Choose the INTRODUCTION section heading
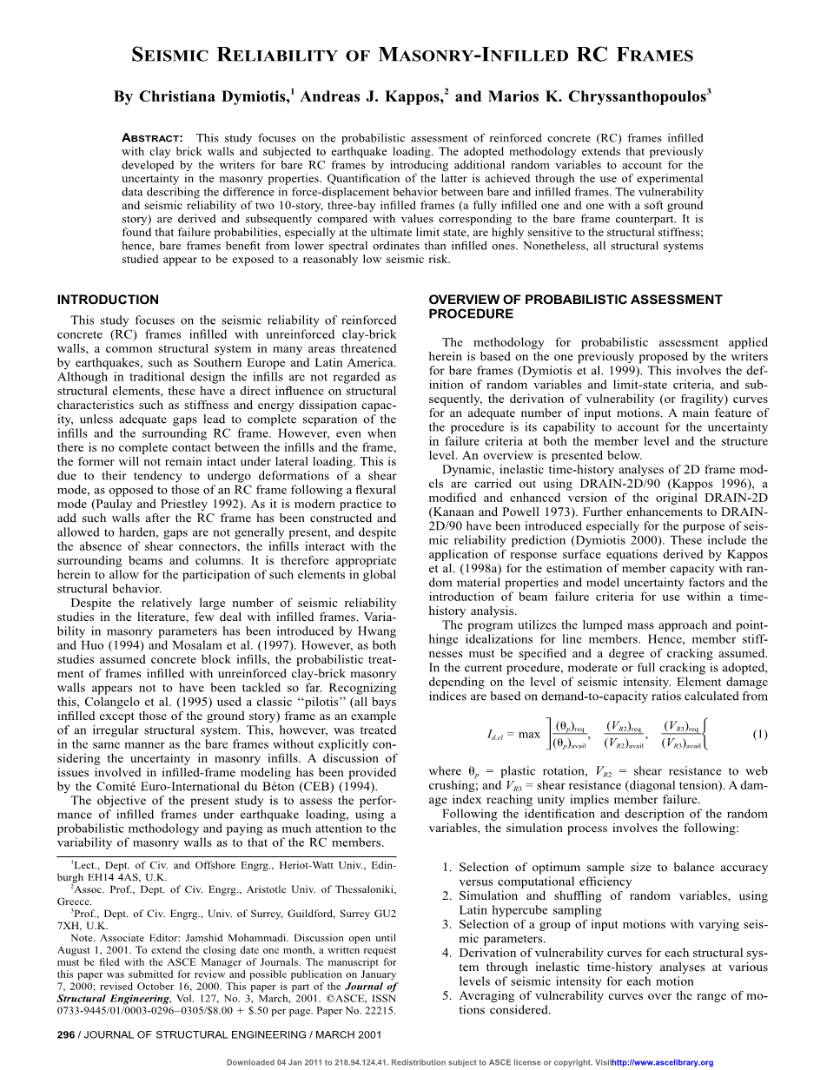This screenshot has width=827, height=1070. click(x=108, y=300)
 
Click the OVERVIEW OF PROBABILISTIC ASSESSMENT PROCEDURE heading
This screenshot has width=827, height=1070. click(x=575, y=307)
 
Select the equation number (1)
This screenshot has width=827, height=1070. click(x=760, y=734)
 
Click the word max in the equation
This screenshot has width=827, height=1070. click(x=529, y=735)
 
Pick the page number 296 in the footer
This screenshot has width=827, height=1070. click(x=66, y=1034)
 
